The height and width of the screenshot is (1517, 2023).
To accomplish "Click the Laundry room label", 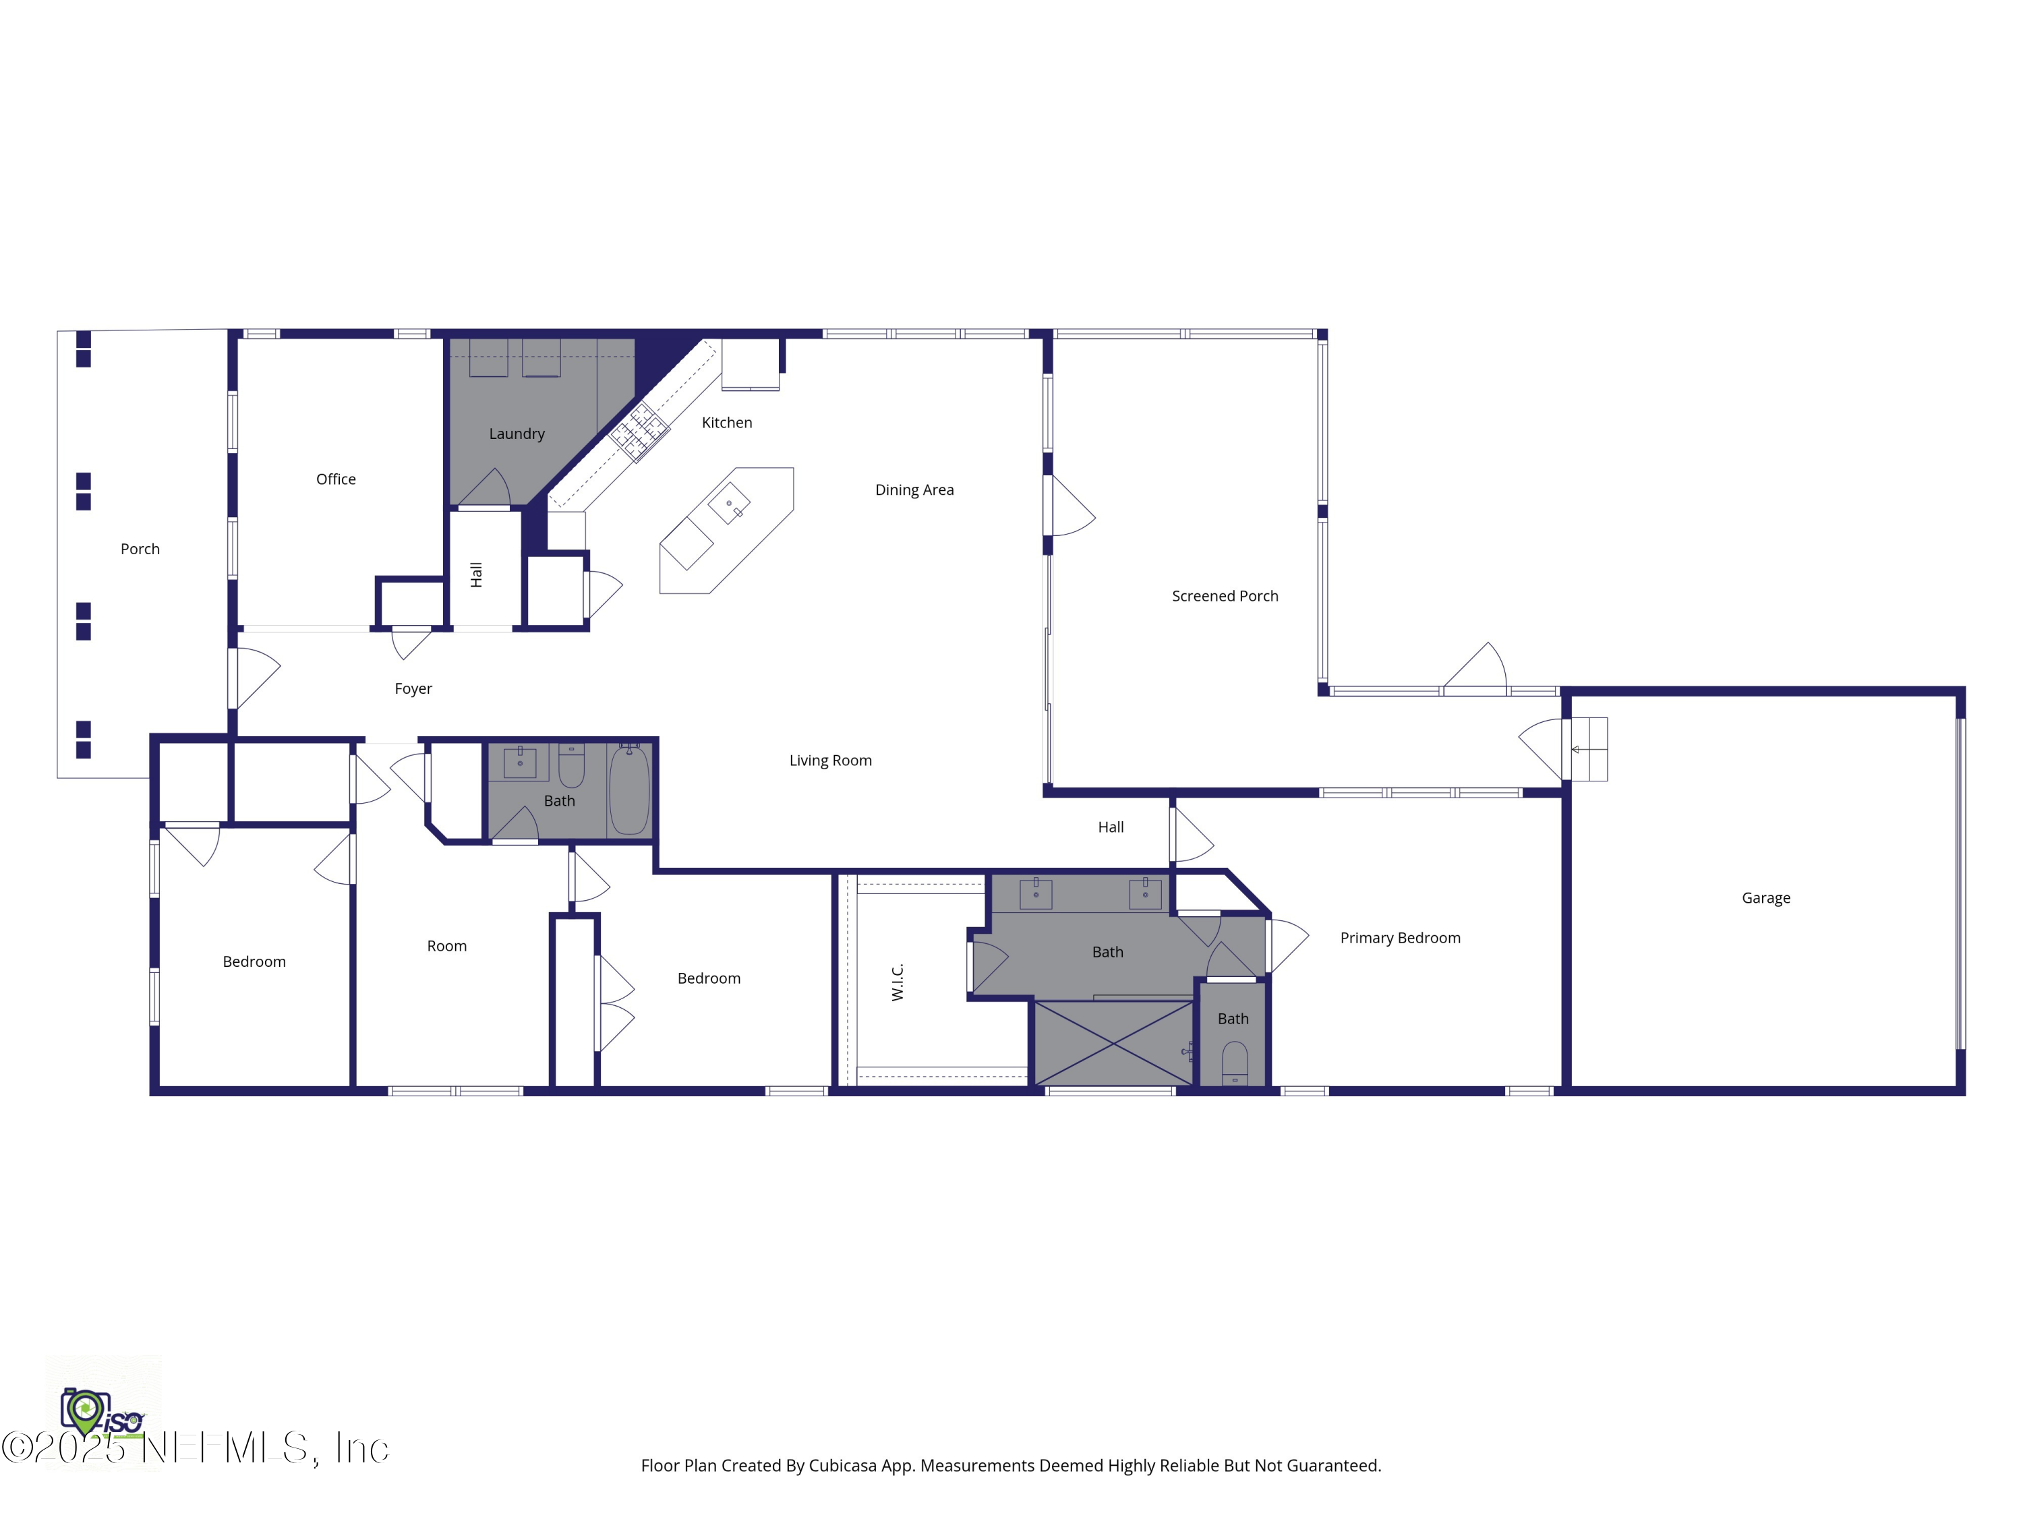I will (517, 434).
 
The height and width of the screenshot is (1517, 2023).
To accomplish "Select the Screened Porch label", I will (1225, 596).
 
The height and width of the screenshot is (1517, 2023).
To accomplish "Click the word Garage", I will (1765, 898).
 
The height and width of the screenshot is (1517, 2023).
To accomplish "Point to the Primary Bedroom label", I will (1399, 939).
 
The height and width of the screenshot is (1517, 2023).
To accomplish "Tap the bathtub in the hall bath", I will (629, 791).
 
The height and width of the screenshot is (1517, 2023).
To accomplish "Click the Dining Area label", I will (914, 490).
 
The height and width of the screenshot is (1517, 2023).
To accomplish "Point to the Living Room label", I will (829, 761).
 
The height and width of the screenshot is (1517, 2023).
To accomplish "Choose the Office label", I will (336, 479).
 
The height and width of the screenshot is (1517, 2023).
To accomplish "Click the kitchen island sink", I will (730, 504).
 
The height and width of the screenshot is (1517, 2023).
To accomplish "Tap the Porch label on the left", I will (140, 549).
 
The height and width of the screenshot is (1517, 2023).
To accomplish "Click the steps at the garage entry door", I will (1589, 750).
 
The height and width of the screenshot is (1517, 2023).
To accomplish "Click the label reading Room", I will (446, 947).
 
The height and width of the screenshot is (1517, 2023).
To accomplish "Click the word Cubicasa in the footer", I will (842, 1466).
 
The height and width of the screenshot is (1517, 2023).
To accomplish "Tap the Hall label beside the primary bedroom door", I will (1110, 827).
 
